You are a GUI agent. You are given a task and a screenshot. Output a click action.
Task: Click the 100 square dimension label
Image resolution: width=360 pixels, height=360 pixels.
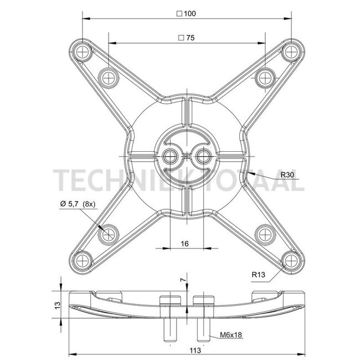point(186,13)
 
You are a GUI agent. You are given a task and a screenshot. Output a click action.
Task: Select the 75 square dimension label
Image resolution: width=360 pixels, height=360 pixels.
point(187,38)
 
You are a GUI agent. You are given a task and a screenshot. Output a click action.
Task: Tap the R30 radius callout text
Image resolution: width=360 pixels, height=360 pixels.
point(287,175)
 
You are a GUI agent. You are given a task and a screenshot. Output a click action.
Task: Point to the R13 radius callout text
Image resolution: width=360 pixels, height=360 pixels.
point(258,274)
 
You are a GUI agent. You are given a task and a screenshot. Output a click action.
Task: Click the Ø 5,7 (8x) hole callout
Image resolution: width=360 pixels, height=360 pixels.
point(78,204)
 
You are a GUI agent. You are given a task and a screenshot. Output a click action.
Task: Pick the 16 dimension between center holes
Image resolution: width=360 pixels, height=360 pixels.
point(185,244)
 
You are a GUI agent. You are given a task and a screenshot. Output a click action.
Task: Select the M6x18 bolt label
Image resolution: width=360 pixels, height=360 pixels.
point(231,335)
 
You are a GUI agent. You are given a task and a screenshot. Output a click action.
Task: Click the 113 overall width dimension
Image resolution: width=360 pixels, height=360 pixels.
point(195,351)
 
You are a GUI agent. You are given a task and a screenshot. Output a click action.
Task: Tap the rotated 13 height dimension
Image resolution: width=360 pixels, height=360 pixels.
point(58,305)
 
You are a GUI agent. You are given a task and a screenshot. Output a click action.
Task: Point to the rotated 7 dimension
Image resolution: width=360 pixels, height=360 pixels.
point(183,280)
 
